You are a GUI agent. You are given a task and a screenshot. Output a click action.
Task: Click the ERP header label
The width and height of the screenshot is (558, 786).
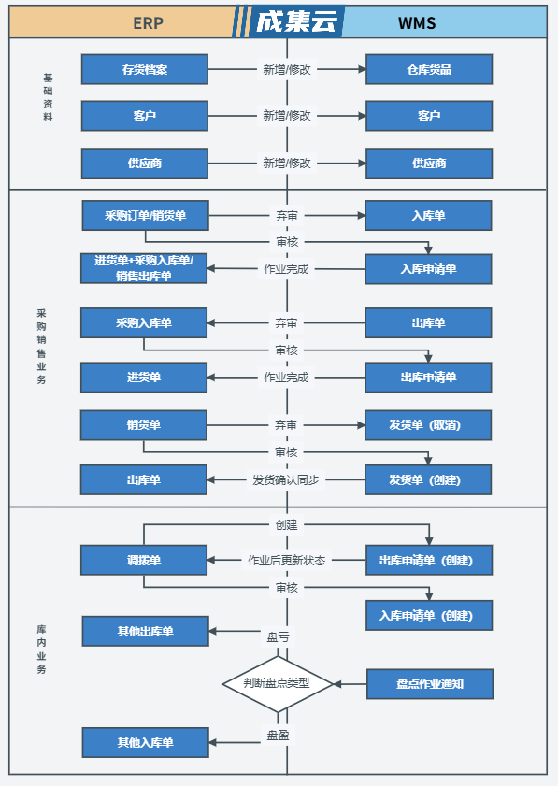click(148, 23)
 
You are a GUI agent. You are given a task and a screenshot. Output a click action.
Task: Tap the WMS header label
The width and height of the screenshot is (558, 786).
click(417, 23)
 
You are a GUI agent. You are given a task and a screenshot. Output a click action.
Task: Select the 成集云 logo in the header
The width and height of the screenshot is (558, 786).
click(295, 22)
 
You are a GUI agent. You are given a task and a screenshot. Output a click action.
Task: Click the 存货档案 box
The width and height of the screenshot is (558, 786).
click(144, 69)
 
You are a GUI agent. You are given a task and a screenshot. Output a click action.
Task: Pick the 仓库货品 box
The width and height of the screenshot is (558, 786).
click(429, 69)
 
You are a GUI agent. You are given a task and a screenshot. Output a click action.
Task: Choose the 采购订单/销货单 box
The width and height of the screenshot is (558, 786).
click(146, 216)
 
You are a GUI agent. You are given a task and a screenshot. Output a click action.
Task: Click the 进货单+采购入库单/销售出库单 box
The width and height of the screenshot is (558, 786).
click(144, 268)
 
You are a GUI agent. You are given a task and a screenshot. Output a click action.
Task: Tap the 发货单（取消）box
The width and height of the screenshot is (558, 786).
click(428, 425)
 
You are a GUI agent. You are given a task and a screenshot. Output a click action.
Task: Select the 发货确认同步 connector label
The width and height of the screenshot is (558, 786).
click(286, 479)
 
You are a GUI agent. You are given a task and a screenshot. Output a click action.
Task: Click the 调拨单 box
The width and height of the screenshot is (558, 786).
click(144, 560)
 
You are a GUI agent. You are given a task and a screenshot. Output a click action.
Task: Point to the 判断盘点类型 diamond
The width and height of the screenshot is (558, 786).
click(278, 683)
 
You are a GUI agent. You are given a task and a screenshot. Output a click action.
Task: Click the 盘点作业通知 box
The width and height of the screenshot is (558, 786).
click(430, 684)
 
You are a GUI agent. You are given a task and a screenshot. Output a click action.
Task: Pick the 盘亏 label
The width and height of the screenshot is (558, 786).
click(278, 636)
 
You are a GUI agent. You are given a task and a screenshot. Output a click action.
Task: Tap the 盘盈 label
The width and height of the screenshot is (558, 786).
click(278, 735)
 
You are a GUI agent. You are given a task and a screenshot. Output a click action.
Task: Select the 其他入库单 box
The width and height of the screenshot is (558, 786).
click(146, 742)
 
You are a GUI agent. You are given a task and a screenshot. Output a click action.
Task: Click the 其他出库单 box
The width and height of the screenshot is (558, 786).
click(146, 631)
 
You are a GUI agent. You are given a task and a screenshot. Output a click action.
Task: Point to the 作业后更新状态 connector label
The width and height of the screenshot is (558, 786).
click(286, 560)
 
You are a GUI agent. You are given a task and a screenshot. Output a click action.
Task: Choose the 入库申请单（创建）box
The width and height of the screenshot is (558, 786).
click(429, 615)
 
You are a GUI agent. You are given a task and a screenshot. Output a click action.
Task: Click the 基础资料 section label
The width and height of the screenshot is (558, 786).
click(48, 97)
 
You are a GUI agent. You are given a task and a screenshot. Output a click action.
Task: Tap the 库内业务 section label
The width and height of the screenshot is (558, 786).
click(41, 650)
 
